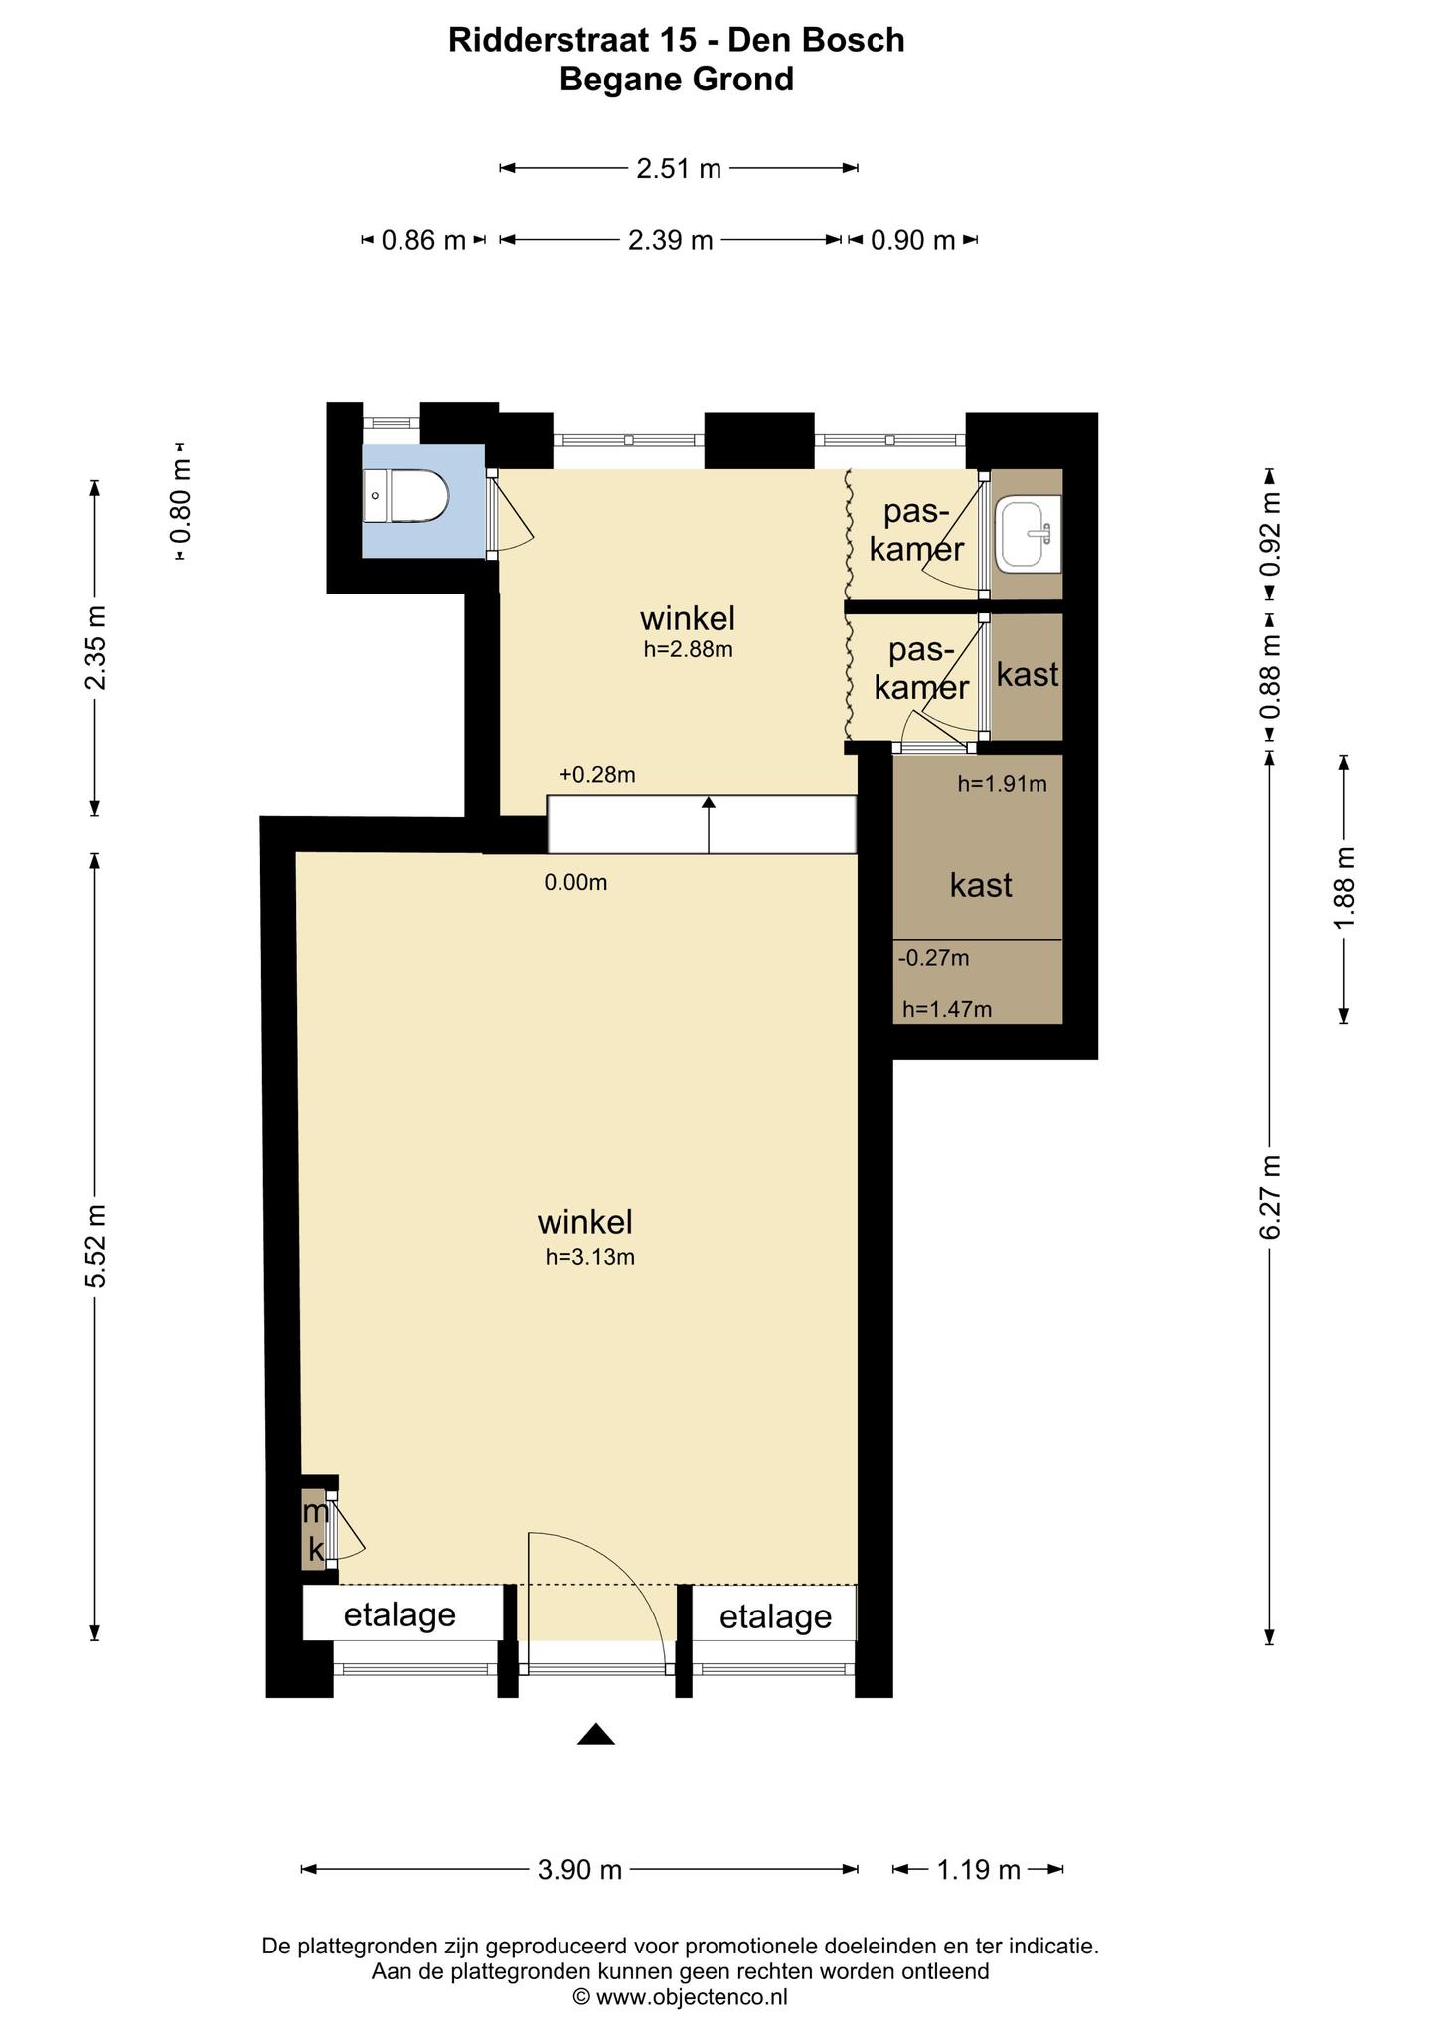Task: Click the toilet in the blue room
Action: point(405,495)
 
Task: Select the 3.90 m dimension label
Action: point(579,1870)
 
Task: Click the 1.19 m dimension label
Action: point(979,1870)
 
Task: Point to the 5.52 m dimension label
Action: point(96,1246)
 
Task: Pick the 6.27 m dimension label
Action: point(1270,1197)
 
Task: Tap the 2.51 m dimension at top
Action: point(679,168)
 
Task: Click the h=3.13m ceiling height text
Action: point(590,1257)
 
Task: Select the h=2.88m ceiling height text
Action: point(689,650)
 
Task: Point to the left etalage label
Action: point(400,1615)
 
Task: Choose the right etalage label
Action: point(775,1617)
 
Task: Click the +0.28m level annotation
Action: point(597,775)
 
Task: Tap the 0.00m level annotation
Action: point(575,882)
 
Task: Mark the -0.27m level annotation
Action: point(933,958)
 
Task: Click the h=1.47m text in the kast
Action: point(947,1010)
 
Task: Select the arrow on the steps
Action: point(709,824)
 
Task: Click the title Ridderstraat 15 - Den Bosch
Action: point(677,40)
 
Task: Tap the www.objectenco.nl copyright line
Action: point(680,1996)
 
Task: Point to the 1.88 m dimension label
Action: point(1344,889)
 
